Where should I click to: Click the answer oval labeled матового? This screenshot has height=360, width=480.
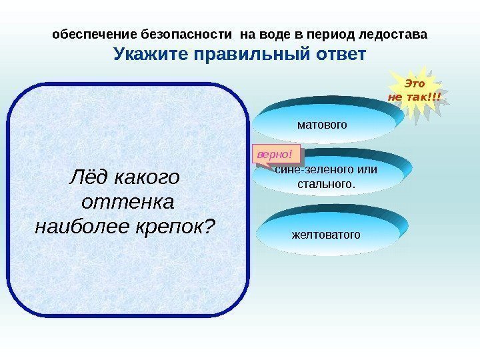point(322,123)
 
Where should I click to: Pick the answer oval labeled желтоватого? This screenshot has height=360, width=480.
point(325,235)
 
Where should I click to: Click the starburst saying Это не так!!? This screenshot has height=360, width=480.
point(415,93)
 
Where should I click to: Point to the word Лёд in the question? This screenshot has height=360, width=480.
point(91,177)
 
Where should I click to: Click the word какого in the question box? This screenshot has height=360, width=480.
point(148,177)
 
